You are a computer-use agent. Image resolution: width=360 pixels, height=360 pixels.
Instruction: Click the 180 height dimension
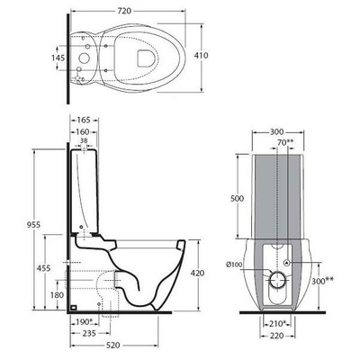57,294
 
